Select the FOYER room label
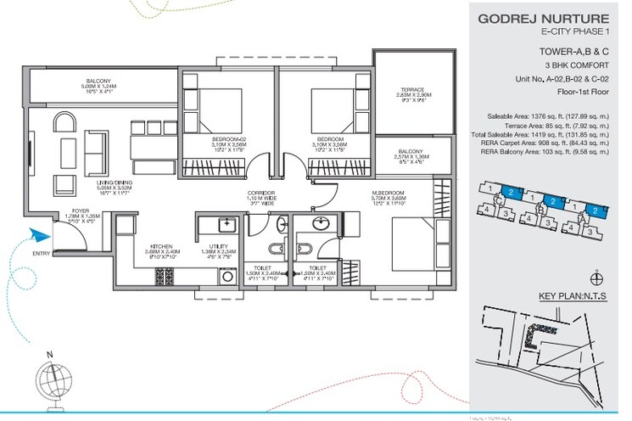coord(81,216)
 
